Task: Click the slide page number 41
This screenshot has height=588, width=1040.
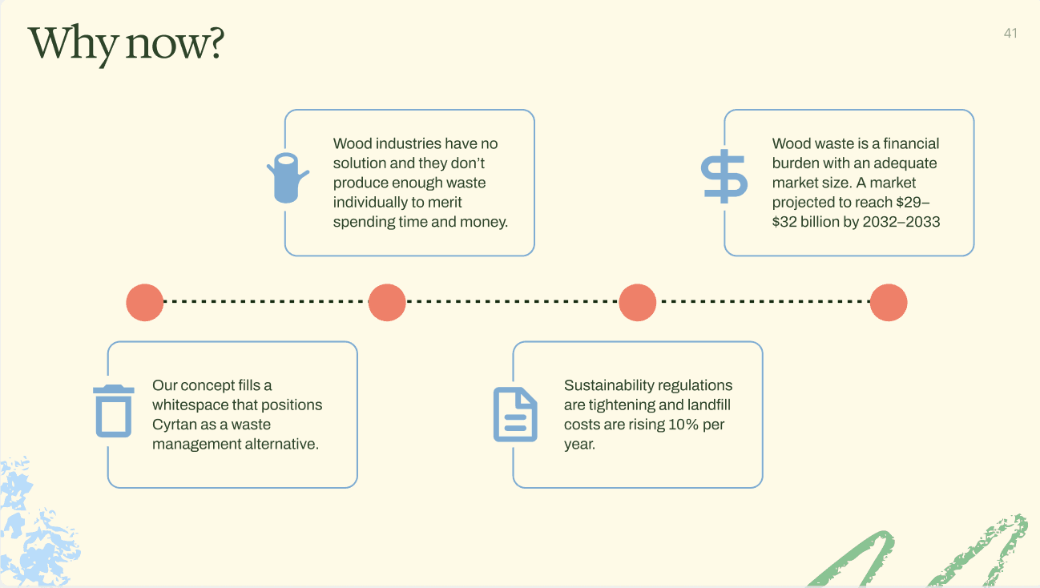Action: [x=1010, y=33]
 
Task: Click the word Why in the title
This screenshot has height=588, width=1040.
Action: [x=72, y=43]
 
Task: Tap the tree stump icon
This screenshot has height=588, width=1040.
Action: [x=287, y=177]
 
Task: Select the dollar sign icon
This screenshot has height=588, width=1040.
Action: [x=724, y=176]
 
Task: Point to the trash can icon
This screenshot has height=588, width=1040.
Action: [x=114, y=411]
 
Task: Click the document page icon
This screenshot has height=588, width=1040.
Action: [x=515, y=414]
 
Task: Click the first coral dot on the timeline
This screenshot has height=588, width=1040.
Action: [x=145, y=303]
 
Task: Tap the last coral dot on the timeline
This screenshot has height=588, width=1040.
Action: [x=889, y=303]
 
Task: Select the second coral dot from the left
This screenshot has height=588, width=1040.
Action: [x=387, y=303]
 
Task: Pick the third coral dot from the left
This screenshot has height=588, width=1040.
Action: [x=638, y=303]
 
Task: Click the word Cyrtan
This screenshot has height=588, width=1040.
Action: [x=173, y=425]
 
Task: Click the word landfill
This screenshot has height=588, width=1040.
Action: [x=708, y=405]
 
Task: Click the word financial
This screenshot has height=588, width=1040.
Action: [x=911, y=143]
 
